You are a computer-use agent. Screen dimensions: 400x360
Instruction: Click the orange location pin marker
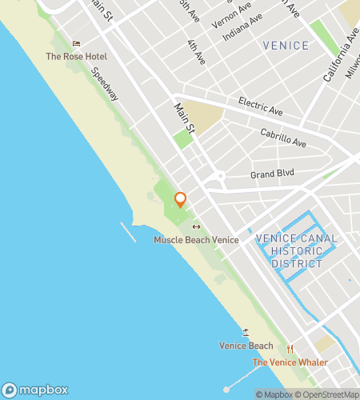click(180, 200)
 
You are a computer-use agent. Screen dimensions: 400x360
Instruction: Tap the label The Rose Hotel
click(76, 57)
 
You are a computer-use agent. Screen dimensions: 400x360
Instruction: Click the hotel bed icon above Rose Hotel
click(77, 44)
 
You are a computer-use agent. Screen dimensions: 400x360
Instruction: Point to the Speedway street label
click(105, 83)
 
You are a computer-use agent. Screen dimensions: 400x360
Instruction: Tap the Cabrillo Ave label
click(283, 138)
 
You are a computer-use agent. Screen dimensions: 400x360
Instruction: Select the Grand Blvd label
click(273, 173)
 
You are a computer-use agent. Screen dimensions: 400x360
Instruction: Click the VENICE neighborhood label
click(286, 46)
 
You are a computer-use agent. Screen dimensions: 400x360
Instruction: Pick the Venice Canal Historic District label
click(296, 250)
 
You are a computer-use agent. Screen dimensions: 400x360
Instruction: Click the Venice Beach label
click(246, 346)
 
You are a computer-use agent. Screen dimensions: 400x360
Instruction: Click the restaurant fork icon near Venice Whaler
click(290, 349)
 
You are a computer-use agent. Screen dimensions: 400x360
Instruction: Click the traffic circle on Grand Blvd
click(219, 176)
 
